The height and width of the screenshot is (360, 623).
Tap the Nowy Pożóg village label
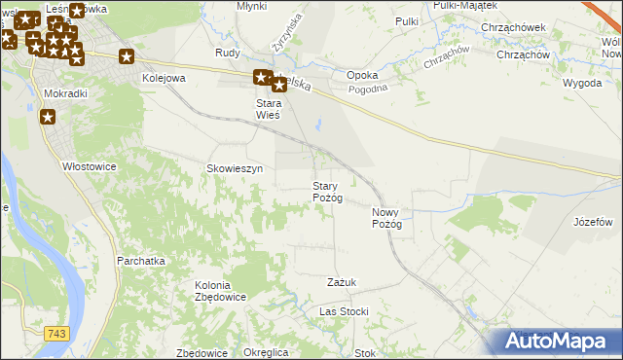click(x=386, y=218)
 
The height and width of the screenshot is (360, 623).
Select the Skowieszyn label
click(x=235, y=168)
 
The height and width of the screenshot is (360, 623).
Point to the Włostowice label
click(x=90, y=166)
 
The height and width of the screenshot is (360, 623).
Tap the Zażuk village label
click(x=342, y=282)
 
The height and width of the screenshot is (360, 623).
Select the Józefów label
click(x=593, y=222)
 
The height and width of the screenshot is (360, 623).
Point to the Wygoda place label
click(x=582, y=83)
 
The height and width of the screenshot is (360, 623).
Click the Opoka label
click(x=362, y=75)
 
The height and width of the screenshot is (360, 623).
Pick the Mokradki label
click(x=66, y=93)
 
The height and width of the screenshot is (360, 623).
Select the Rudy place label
click(x=228, y=54)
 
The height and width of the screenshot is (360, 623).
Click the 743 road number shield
click(x=57, y=334)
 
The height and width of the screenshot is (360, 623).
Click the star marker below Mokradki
click(x=48, y=118)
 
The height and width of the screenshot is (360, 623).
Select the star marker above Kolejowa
click(x=127, y=56)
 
